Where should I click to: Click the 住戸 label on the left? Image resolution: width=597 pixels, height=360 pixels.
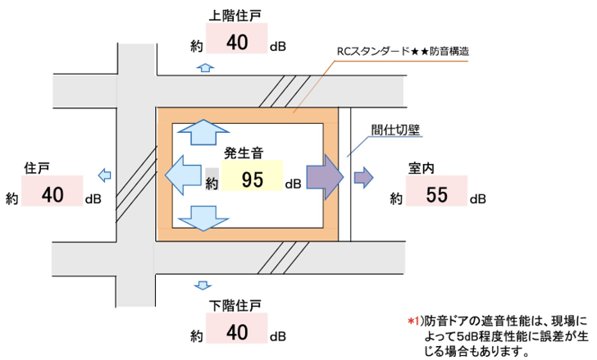(x=38, y=168)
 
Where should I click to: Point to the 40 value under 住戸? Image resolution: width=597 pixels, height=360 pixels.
(x=52, y=195)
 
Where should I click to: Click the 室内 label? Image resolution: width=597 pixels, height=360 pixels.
(x=421, y=168)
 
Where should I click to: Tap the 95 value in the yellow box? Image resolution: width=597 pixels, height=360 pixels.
(x=252, y=180)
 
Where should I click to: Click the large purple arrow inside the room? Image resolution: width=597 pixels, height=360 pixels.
(x=322, y=174)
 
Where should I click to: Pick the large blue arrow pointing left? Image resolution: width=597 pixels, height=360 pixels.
(x=182, y=174)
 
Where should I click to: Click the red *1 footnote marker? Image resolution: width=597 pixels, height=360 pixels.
(x=412, y=318)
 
